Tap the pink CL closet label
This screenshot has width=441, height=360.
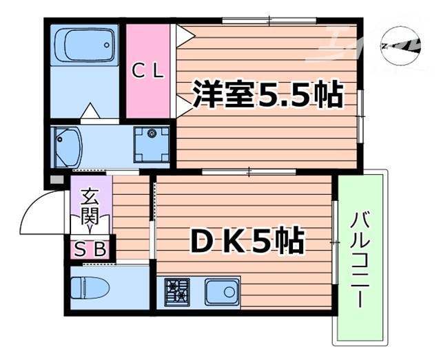tap(148, 70)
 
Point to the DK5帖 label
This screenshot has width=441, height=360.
tap(247, 242)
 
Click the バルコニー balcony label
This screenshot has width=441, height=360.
tap(359, 260)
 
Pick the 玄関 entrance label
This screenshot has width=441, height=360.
tap(90, 207)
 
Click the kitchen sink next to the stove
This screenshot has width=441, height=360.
tap(220, 292)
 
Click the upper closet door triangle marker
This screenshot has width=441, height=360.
tap(181, 34)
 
